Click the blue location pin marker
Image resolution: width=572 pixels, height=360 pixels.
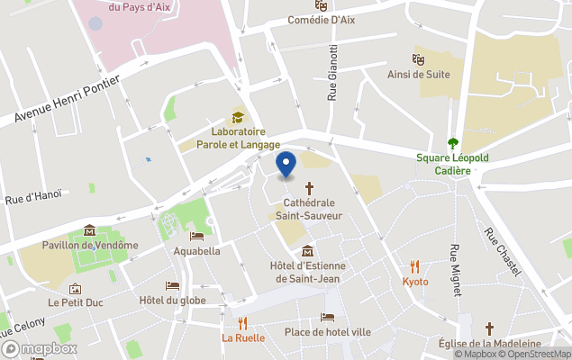(x=286, y=165)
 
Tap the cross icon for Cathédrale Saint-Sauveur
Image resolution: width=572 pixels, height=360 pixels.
(x=310, y=188)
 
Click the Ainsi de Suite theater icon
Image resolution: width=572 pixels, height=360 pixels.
(x=419, y=58)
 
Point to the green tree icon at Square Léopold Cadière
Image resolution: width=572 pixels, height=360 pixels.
(x=453, y=143)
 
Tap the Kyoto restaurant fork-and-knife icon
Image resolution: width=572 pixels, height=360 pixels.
(x=415, y=266)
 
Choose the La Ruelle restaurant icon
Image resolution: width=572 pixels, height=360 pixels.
(x=243, y=323)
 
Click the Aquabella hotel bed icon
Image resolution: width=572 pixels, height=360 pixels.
(x=196, y=237)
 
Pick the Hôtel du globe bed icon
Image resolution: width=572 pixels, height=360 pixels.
(x=172, y=285)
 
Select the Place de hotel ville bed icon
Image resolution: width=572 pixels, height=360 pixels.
(x=327, y=317)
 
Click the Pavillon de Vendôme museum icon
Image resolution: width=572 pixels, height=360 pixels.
(x=89, y=229)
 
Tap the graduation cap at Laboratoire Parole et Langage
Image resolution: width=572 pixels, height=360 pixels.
(x=238, y=117)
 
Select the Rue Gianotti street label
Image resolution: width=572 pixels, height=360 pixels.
(x=333, y=71)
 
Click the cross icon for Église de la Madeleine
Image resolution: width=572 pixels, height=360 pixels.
(x=489, y=328)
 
